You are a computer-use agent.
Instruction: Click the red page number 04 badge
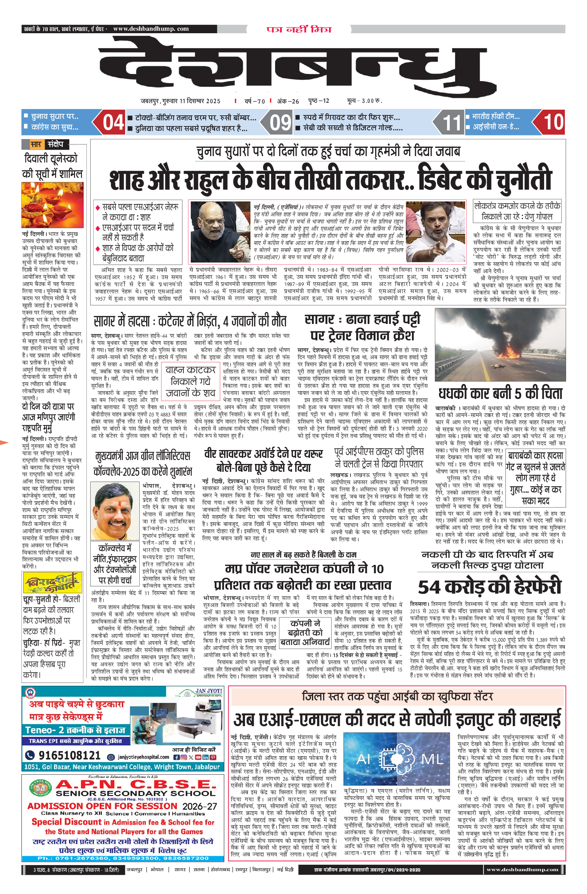113,123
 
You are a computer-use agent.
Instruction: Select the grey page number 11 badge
451,123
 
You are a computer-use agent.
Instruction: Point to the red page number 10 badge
553,122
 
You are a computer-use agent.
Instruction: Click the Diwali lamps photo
52,205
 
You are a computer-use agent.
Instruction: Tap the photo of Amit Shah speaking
220,231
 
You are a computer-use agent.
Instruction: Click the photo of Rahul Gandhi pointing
436,231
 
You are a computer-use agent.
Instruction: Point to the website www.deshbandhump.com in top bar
151,29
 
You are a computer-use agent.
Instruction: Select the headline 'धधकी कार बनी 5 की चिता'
500,393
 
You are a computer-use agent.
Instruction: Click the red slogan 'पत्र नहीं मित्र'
299,29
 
